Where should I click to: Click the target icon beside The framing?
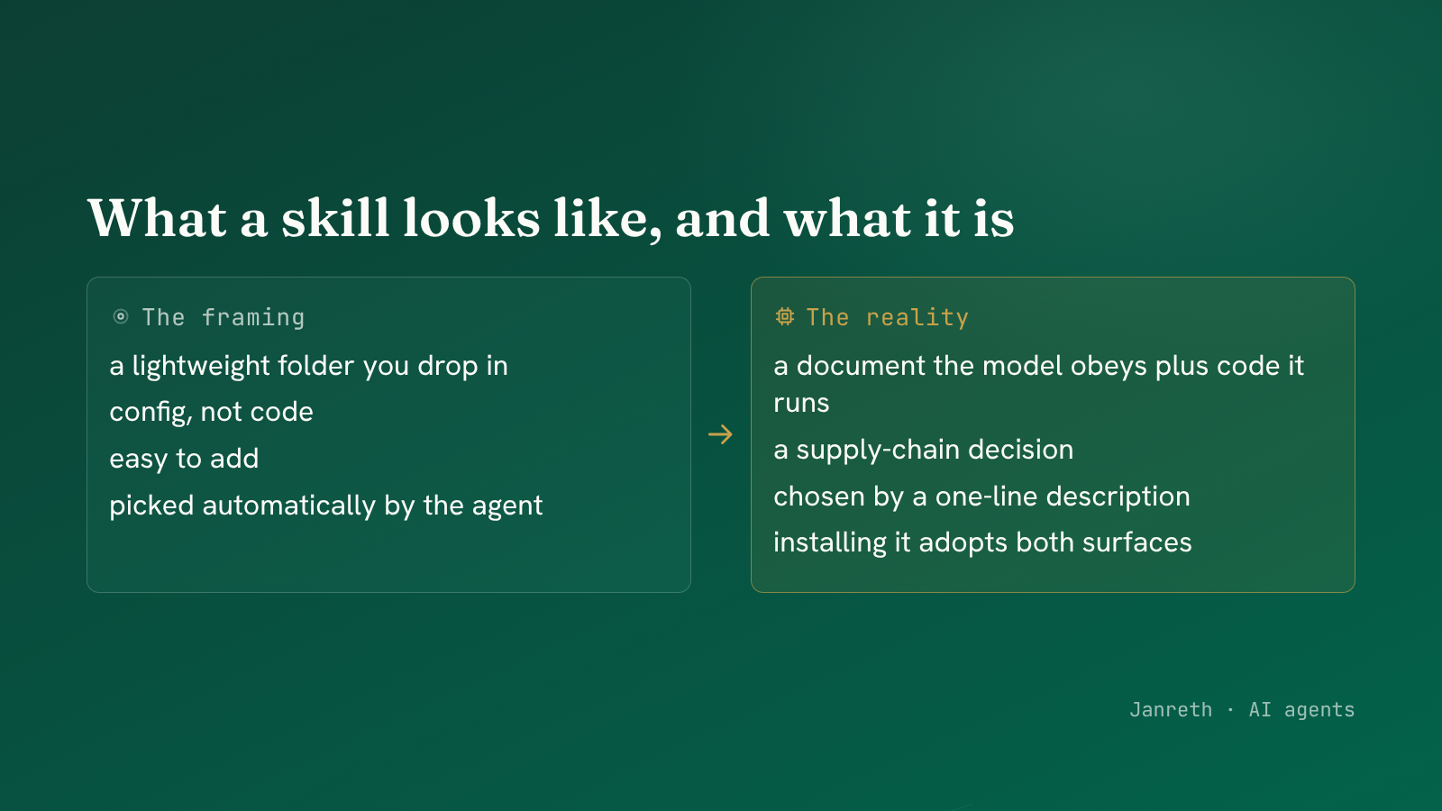(x=121, y=316)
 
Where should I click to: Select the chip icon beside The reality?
(x=785, y=316)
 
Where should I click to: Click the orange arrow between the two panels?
(x=720, y=434)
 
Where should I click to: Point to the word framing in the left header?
(x=253, y=318)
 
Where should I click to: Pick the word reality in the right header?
(x=917, y=318)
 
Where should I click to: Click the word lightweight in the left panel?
(x=201, y=367)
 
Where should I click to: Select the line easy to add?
(x=184, y=459)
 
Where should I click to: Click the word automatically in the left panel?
(x=289, y=506)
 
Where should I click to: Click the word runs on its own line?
(x=801, y=404)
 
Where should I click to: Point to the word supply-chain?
(x=878, y=450)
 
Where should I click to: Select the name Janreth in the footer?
(x=1171, y=710)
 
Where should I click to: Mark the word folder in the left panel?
(x=316, y=366)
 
